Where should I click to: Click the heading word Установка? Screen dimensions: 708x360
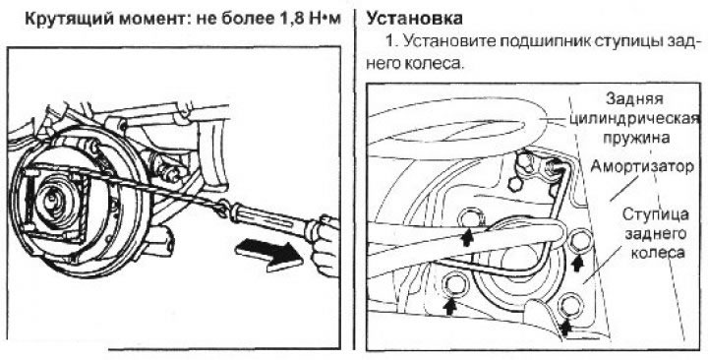(x=415, y=19)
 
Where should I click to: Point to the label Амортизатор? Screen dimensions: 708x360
(x=642, y=166)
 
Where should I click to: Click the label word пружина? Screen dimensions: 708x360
(x=636, y=139)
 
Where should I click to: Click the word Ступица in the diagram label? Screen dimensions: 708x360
(x=655, y=214)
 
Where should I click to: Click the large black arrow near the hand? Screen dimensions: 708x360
(x=269, y=255)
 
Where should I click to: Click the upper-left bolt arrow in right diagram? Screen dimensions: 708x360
(x=467, y=237)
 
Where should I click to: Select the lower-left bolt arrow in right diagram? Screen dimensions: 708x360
(x=449, y=306)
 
